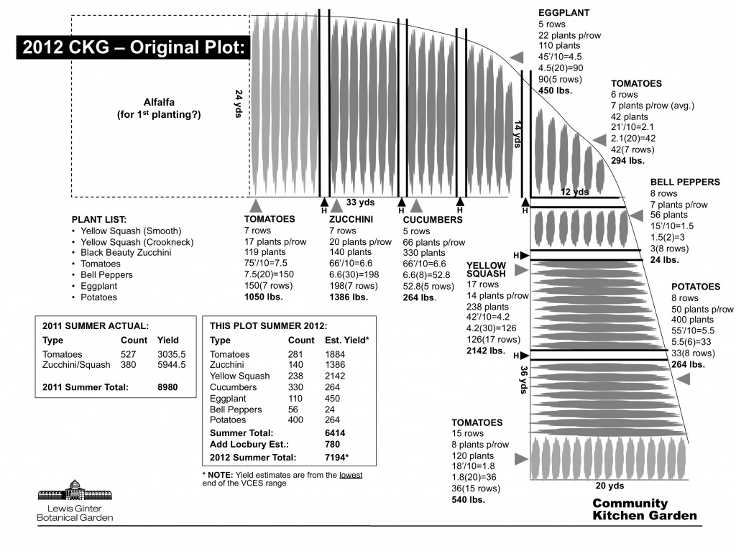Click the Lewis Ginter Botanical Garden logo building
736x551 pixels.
pos(74,491)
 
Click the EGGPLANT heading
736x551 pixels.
pos(563,13)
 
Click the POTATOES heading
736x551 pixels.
pos(695,287)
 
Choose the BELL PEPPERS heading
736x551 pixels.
pos(685,182)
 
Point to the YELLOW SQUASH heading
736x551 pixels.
pos(486,269)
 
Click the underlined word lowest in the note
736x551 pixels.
pos(350,474)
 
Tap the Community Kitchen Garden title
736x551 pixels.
pos(644,509)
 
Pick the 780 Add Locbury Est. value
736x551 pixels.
pos(333,445)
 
